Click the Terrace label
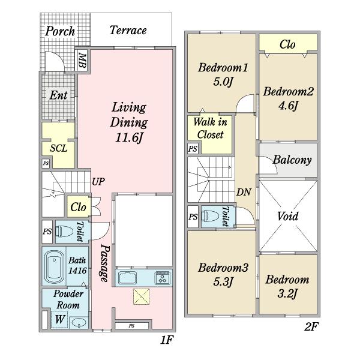coord(128,31)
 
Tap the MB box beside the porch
coord(82,60)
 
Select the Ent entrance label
coord(59,95)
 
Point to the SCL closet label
coord(59,148)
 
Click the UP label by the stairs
coord(98,182)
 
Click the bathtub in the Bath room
coord(54,266)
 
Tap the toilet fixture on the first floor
coord(64,231)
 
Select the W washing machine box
coord(59,319)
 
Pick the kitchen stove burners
coord(163,278)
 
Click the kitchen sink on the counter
coord(128,278)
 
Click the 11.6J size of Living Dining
coord(129,138)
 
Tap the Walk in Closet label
coord(210,128)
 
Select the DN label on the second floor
coord(244,192)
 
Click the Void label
coord(287,216)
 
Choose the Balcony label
coord(292,160)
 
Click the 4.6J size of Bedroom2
coord(288,106)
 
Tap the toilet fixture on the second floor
coord(210,216)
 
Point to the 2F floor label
coord(311,326)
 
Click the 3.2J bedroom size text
coord(287,293)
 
